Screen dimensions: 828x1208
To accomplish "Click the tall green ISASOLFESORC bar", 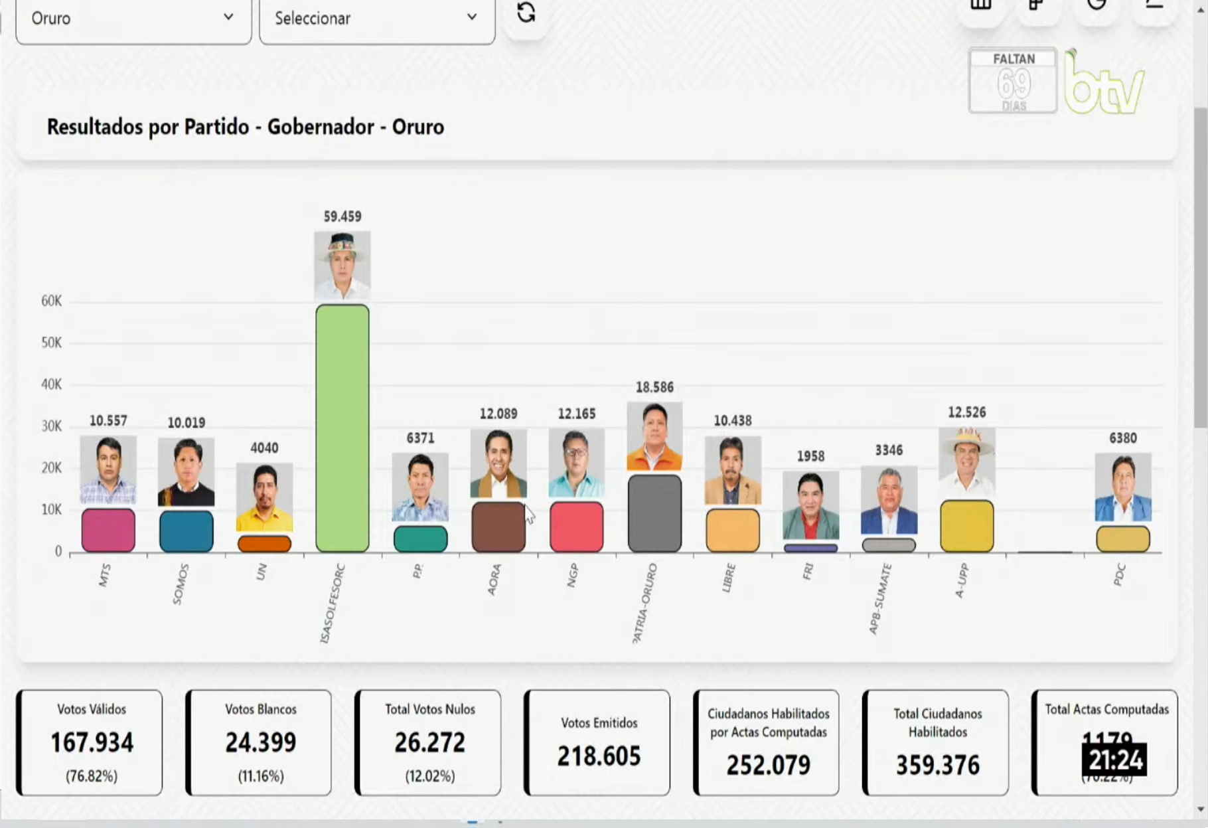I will [x=342, y=428].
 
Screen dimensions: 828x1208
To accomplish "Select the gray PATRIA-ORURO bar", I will [x=654, y=513].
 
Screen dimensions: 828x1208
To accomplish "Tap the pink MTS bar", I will [x=108, y=530].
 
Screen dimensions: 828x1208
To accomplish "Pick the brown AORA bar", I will [x=498, y=527].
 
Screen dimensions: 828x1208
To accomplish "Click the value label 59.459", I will [x=342, y=216].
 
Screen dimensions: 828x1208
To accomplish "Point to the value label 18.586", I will [x=654, y=387].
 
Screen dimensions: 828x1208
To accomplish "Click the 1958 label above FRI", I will [x=810, y=456].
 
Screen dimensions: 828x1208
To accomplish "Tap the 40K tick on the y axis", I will [x=51, y=384].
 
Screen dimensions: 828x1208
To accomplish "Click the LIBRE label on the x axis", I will [x=729, y=578].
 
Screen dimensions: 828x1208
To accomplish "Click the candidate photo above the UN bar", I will [x=264, y=497].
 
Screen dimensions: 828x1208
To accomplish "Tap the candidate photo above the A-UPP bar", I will [x=966, y=461].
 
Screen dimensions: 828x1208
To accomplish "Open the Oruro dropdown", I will [x=133, y=19].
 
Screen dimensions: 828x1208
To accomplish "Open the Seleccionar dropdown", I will [x=376, y=19].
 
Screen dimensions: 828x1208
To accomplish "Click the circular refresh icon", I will [x=526, y=13].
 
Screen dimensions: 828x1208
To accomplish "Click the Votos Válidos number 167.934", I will [x=92, y=742].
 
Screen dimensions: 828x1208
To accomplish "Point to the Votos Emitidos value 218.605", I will [x=599, y=756].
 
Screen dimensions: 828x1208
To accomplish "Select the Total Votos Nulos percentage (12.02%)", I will [x=430, y=776].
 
